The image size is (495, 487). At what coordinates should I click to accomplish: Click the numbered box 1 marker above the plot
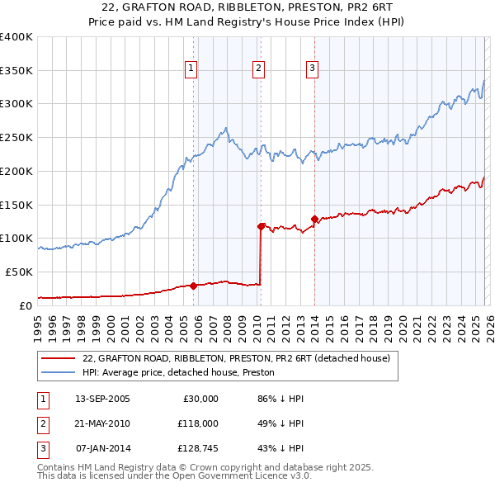[191, 69]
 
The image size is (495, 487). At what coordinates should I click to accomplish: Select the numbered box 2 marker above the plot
[259, 69]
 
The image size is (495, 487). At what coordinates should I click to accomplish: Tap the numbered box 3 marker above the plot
[313, 69]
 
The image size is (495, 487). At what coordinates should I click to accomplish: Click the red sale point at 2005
[194, 286]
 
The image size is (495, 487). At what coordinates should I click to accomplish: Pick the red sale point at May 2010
[262, 225]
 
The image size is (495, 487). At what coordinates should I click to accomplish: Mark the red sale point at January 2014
[314, 219]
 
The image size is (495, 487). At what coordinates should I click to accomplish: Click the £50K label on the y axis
[19, 272]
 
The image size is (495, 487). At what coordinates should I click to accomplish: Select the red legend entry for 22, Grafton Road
[218, 358]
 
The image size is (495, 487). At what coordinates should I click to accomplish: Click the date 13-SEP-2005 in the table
[102, 399]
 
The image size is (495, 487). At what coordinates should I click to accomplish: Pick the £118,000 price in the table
[198, 423]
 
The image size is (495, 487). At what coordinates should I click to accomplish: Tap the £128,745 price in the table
[198, 448]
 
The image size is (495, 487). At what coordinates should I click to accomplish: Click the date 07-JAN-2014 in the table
[102, 448]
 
